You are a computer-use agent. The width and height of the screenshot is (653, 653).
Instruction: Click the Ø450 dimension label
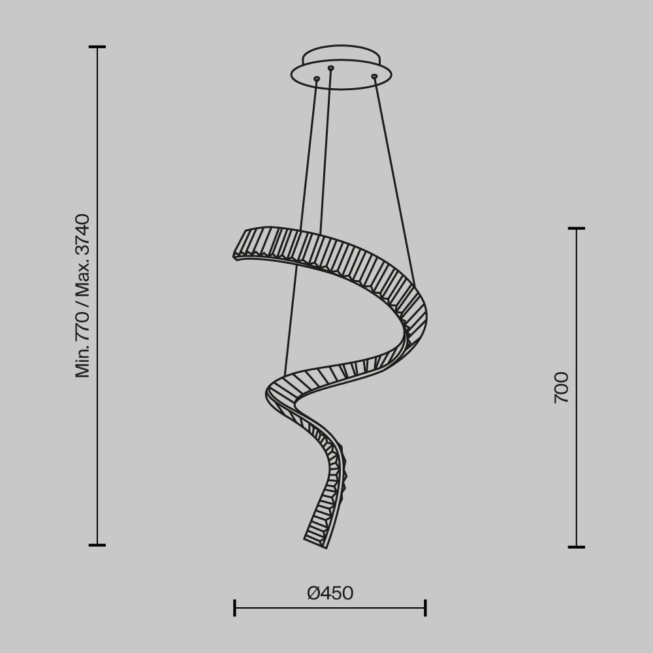(330, 593)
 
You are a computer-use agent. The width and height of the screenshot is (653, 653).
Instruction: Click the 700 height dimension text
(562, 387)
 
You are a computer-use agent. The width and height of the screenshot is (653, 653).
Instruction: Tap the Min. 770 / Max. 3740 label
(83, 295)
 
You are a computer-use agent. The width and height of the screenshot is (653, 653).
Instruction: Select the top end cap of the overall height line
(97, 47)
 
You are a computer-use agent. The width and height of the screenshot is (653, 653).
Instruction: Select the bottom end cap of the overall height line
(97, 545)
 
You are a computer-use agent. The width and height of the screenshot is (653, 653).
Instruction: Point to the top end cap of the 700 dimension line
(576, 229)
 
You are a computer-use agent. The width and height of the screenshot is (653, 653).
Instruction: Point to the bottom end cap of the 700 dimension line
(576, 547)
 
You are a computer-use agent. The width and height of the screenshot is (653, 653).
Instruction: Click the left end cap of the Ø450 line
(234, 608)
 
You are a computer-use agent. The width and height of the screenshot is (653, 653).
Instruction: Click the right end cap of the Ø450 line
(425, 608)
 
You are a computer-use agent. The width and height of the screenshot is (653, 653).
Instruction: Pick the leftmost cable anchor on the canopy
(317, 80)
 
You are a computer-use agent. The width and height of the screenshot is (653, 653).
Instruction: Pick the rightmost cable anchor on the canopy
(374, 77)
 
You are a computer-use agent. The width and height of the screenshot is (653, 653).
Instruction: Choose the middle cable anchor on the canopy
(330, 68)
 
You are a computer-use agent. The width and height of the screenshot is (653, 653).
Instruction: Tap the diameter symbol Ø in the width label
(314, 593)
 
